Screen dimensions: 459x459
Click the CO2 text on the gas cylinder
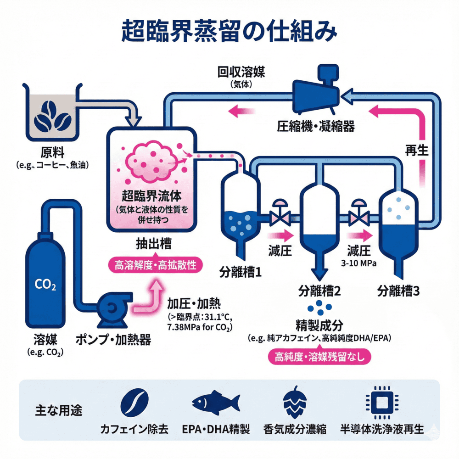45,285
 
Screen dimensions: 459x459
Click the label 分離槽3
397,290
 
